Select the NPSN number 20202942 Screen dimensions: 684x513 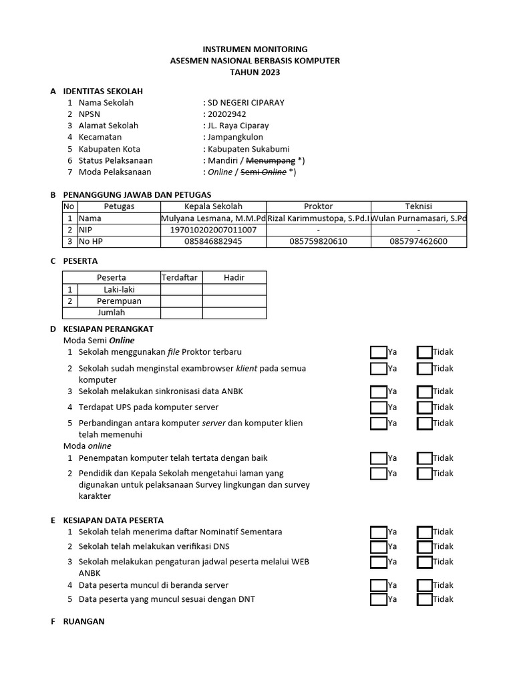pyautogui.click(x=226, y=114)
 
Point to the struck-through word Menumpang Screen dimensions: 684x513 pyautogui.click(x=271, y=160)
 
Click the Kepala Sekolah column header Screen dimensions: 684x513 pyautogui.click(x=213, y=206)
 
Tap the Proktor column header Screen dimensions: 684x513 pyautogui.click(x=318, y=206)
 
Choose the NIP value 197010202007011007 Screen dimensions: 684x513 pyautogui.click(x=213, y=230)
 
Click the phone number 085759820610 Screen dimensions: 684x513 pyautogui.click(x=318, y=241)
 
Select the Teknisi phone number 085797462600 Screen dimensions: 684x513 pyautogui.click(x=418, y=241)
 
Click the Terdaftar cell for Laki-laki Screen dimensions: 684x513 pyautogui.click(x=181, y=289)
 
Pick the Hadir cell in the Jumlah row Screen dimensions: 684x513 pyautogui.click(x=234, y=313)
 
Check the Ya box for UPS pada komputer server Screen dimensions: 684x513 pyautogui.click(x=379, y=407)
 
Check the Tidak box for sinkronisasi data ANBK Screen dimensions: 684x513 pyautogui.click(x=424, y=391)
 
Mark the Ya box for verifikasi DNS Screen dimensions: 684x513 pyautogui.click(x=379, y=547)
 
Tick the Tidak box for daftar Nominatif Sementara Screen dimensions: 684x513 pyautogui.click(x=424, y=532)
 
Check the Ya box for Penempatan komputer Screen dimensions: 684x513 pyautogui.click(x=379, y=458)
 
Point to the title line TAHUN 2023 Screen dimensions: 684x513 pyautogui.click(x=255, y=72)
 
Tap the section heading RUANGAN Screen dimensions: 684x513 pyautogui.click(x=83, y=621)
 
